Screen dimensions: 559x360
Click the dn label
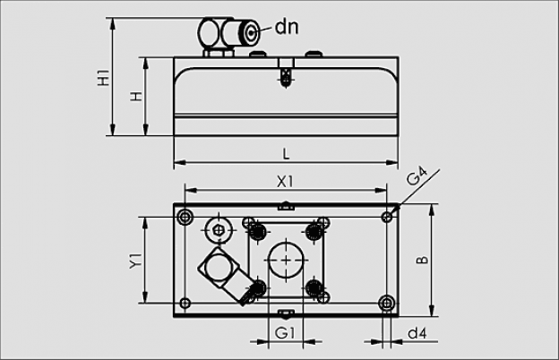point(287,27)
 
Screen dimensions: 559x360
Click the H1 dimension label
point(104,77)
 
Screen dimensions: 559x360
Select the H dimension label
point(136,97)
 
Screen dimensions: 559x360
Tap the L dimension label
point(286,154)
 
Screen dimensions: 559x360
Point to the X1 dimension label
point(285,182)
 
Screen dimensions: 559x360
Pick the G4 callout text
point(417,176)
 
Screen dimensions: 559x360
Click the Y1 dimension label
point(136,261)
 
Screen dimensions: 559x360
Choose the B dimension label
point(423,260)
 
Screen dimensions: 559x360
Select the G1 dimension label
point(286,334)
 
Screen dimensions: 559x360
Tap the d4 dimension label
point(417,334)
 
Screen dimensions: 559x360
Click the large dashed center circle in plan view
point(287,261)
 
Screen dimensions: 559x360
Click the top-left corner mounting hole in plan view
point(185,217)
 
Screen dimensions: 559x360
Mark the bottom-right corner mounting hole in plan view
point(387,304)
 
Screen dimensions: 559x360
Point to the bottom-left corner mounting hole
point(185,304)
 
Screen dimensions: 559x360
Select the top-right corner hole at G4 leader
point(387,217)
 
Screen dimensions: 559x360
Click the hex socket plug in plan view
point(219,230)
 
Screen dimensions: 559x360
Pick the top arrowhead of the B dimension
point(432,210)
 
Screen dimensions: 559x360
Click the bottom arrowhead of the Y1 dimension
point(145,297)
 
